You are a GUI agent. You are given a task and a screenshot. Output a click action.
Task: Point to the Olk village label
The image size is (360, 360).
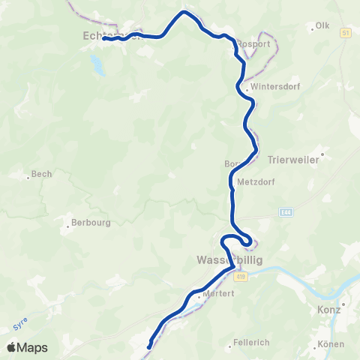pyautogui.click(x=323, y=26)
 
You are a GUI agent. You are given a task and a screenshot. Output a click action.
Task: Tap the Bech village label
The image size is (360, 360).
pyautogui.click(x=41, y=175)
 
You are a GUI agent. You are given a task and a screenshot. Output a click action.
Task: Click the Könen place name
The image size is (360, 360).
pyautogui.click(x=331, y=344)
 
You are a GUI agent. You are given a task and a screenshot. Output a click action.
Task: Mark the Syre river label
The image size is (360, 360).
pyautogui.click(x=20, y=325)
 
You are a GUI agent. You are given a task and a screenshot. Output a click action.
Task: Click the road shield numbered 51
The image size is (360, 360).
pyautogui.click(x=345, y=34)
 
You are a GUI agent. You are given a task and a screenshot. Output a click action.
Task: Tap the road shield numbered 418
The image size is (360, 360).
pyautogui.click(x=239, y=277)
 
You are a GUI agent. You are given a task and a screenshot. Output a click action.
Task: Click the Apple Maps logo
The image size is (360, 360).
pyautogui.click(x=27, y=347)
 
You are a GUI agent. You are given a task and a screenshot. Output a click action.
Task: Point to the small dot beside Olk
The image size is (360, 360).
pyautogui.click(x=313, y=29)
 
